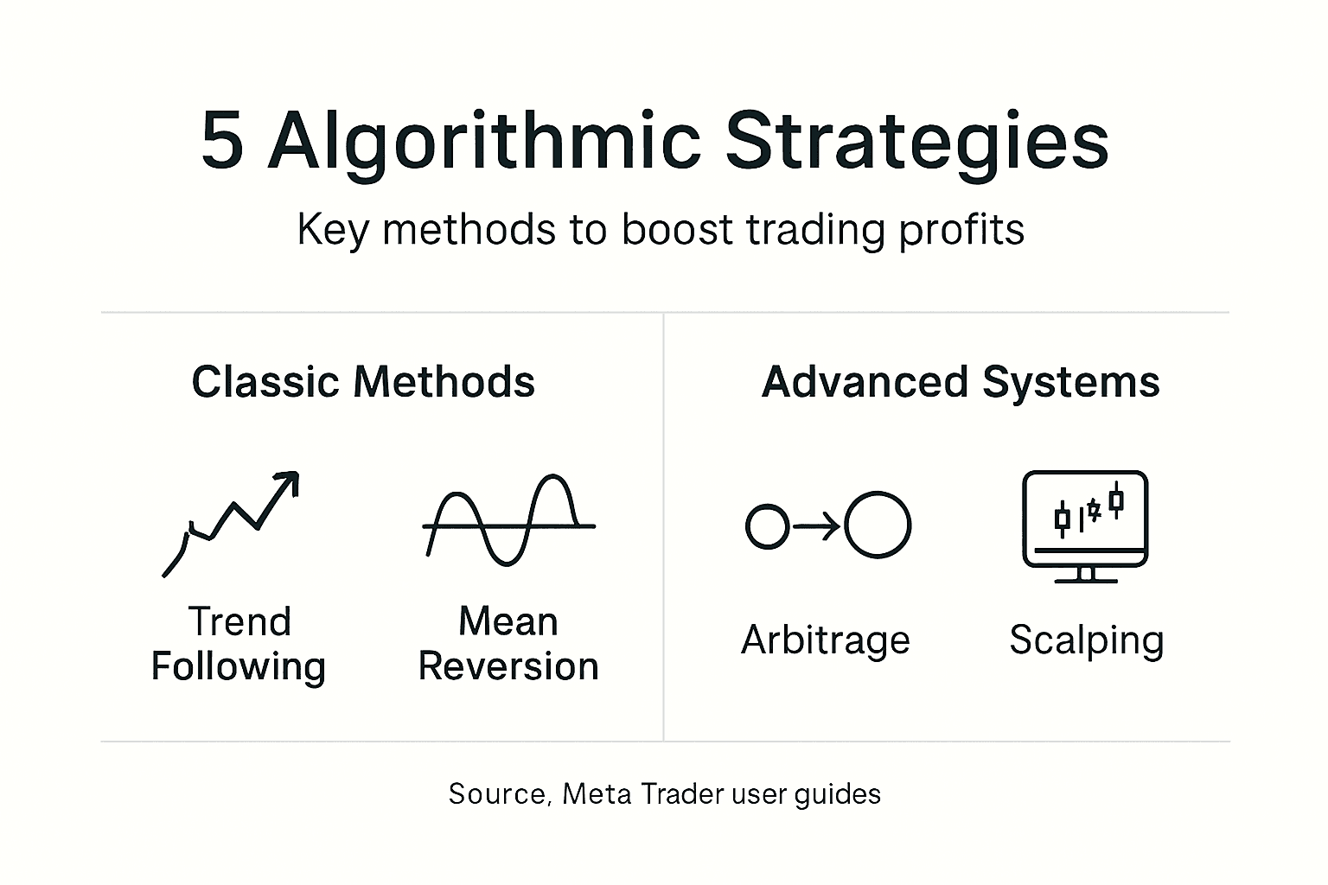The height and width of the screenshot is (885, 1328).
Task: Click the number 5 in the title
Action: [222, 140]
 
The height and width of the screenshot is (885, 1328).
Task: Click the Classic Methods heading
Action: [363, 382]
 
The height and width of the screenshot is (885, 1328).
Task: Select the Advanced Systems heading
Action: [961, 382]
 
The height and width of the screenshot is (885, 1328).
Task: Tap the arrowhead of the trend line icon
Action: [290, 481]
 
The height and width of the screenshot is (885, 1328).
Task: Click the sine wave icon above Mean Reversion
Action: [508, 521]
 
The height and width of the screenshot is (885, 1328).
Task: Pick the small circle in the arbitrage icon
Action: [767, 526]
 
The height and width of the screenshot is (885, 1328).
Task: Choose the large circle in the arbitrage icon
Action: [878, 525]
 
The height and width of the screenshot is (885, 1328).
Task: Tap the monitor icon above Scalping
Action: [1085, 519]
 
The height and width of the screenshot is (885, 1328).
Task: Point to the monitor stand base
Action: [1086, 579]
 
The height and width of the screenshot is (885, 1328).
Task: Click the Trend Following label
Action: [239, 645]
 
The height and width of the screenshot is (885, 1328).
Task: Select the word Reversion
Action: [508, 666]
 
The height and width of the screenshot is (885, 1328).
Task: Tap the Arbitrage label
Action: [826, 640]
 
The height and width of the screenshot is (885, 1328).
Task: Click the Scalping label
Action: [1087, 641]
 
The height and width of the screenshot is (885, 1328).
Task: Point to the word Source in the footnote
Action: [499, 793]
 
